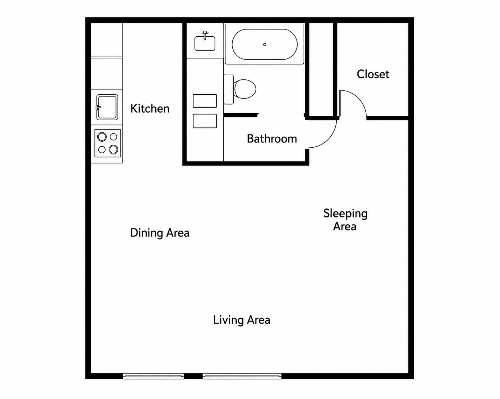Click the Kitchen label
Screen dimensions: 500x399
150,109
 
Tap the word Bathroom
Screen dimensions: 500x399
272,139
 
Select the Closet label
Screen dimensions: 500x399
373,74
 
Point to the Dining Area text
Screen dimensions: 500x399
160,233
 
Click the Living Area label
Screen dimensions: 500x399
242,320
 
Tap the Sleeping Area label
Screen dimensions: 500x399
345,220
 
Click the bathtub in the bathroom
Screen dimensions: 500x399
265,44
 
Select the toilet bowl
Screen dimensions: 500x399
245,89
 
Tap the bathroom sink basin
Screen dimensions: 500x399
205,43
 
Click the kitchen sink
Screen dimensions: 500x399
107,107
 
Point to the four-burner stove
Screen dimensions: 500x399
108,143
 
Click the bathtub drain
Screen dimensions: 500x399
265,44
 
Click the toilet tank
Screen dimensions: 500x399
229,89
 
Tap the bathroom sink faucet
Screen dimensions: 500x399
205,35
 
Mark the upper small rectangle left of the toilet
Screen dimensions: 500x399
205,101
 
